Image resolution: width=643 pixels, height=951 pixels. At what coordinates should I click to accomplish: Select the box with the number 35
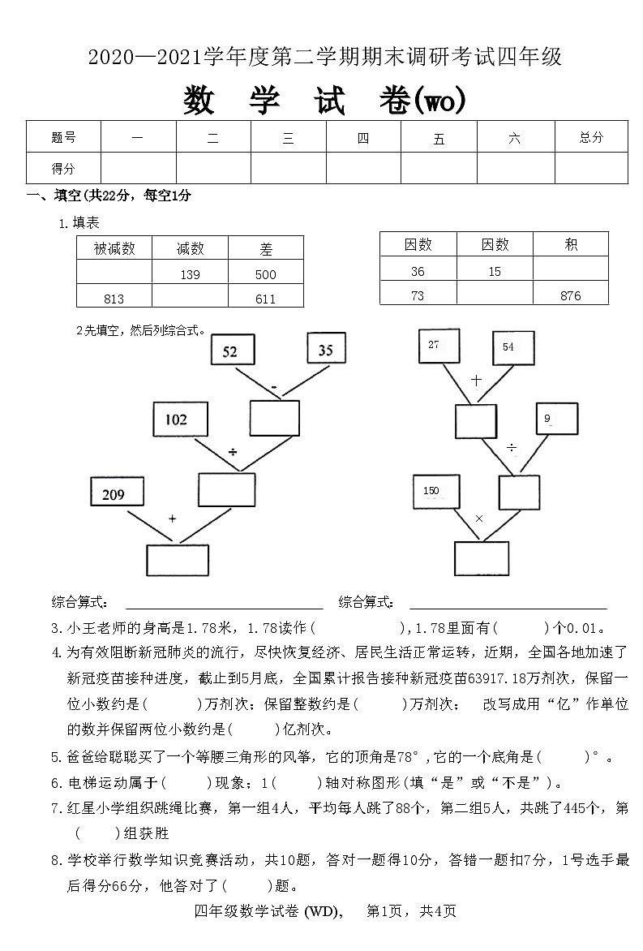[x=326, y=350]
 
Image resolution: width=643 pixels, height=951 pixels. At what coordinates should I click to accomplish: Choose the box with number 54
[x=513, y=348]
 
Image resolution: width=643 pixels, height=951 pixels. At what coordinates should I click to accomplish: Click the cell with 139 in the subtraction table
[x=190, y=275]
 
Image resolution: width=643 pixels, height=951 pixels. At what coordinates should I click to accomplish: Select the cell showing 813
[x=114, y=299]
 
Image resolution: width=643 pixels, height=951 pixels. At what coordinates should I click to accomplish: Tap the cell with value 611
[x=265, y=299]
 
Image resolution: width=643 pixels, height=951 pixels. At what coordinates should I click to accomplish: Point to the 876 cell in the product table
[x=570, y=296]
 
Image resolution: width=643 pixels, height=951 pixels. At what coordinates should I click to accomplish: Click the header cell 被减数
[x=114, y=249]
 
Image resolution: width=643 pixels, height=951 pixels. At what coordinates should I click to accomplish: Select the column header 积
[x=570, y=244]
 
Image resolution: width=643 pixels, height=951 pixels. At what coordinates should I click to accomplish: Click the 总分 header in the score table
[x=591, y=137]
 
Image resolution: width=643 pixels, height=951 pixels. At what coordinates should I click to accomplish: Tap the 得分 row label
[x=63, y=168]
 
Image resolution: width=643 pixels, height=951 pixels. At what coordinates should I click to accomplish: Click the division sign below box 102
[x=232, y=450]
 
